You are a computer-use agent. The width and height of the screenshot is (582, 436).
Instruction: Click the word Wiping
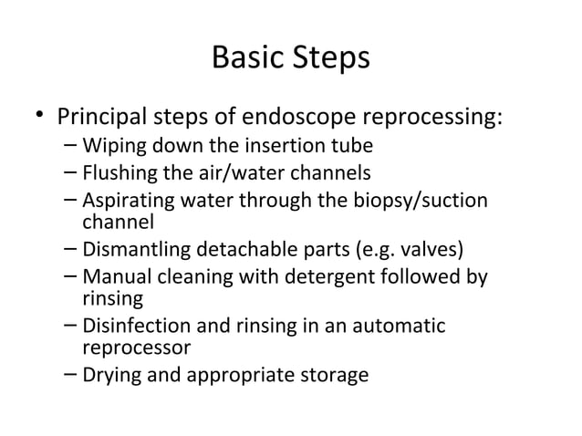click(108, 146)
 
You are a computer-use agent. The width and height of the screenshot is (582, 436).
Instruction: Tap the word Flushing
click(117, 171)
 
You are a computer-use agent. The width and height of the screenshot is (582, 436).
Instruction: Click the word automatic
click(402, 325)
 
